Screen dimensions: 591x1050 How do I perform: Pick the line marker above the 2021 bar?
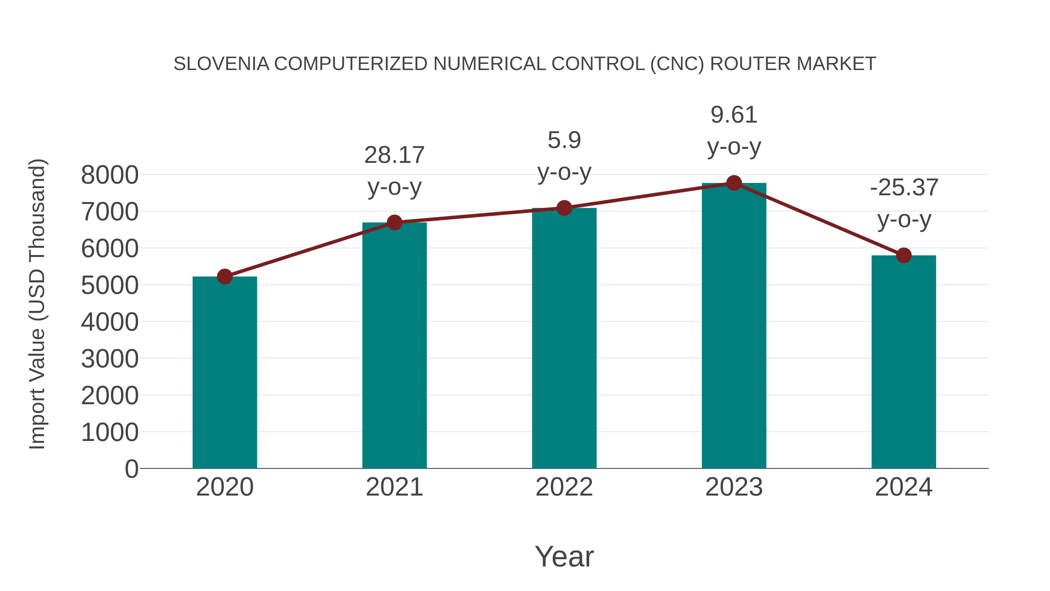point(394,222)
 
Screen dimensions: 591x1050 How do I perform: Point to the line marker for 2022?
point(564,208)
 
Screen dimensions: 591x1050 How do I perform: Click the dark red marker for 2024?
point(903,255)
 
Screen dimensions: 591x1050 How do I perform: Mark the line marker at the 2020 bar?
point(225,277)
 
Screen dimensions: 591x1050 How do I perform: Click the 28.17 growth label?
point(394,155)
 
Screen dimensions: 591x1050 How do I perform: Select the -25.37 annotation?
point(904,188)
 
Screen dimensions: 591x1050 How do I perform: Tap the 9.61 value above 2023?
point(734,115)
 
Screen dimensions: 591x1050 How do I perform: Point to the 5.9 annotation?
point(564,140)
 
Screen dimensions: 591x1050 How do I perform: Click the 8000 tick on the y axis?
point(110,175)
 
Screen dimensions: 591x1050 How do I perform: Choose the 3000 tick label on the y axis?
point(110,359)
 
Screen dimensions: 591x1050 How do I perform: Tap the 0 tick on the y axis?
point(131,469)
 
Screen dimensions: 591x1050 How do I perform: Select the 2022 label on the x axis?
point(564,487)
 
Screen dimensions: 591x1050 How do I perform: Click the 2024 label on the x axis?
point(903,487)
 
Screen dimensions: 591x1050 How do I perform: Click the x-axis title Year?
point(564,556)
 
